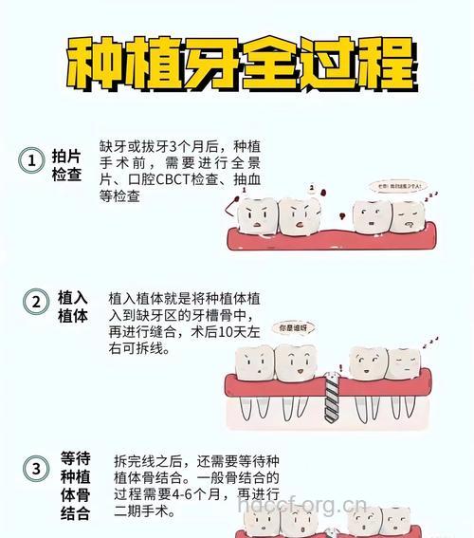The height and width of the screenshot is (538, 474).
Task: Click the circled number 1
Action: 32,161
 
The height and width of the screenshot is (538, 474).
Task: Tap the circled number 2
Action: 35,303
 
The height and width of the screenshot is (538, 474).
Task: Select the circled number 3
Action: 35,468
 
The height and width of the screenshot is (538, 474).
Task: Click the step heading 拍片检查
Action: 66,164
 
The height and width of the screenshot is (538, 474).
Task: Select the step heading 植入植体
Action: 73,306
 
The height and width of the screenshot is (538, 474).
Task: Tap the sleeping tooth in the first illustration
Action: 408,219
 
